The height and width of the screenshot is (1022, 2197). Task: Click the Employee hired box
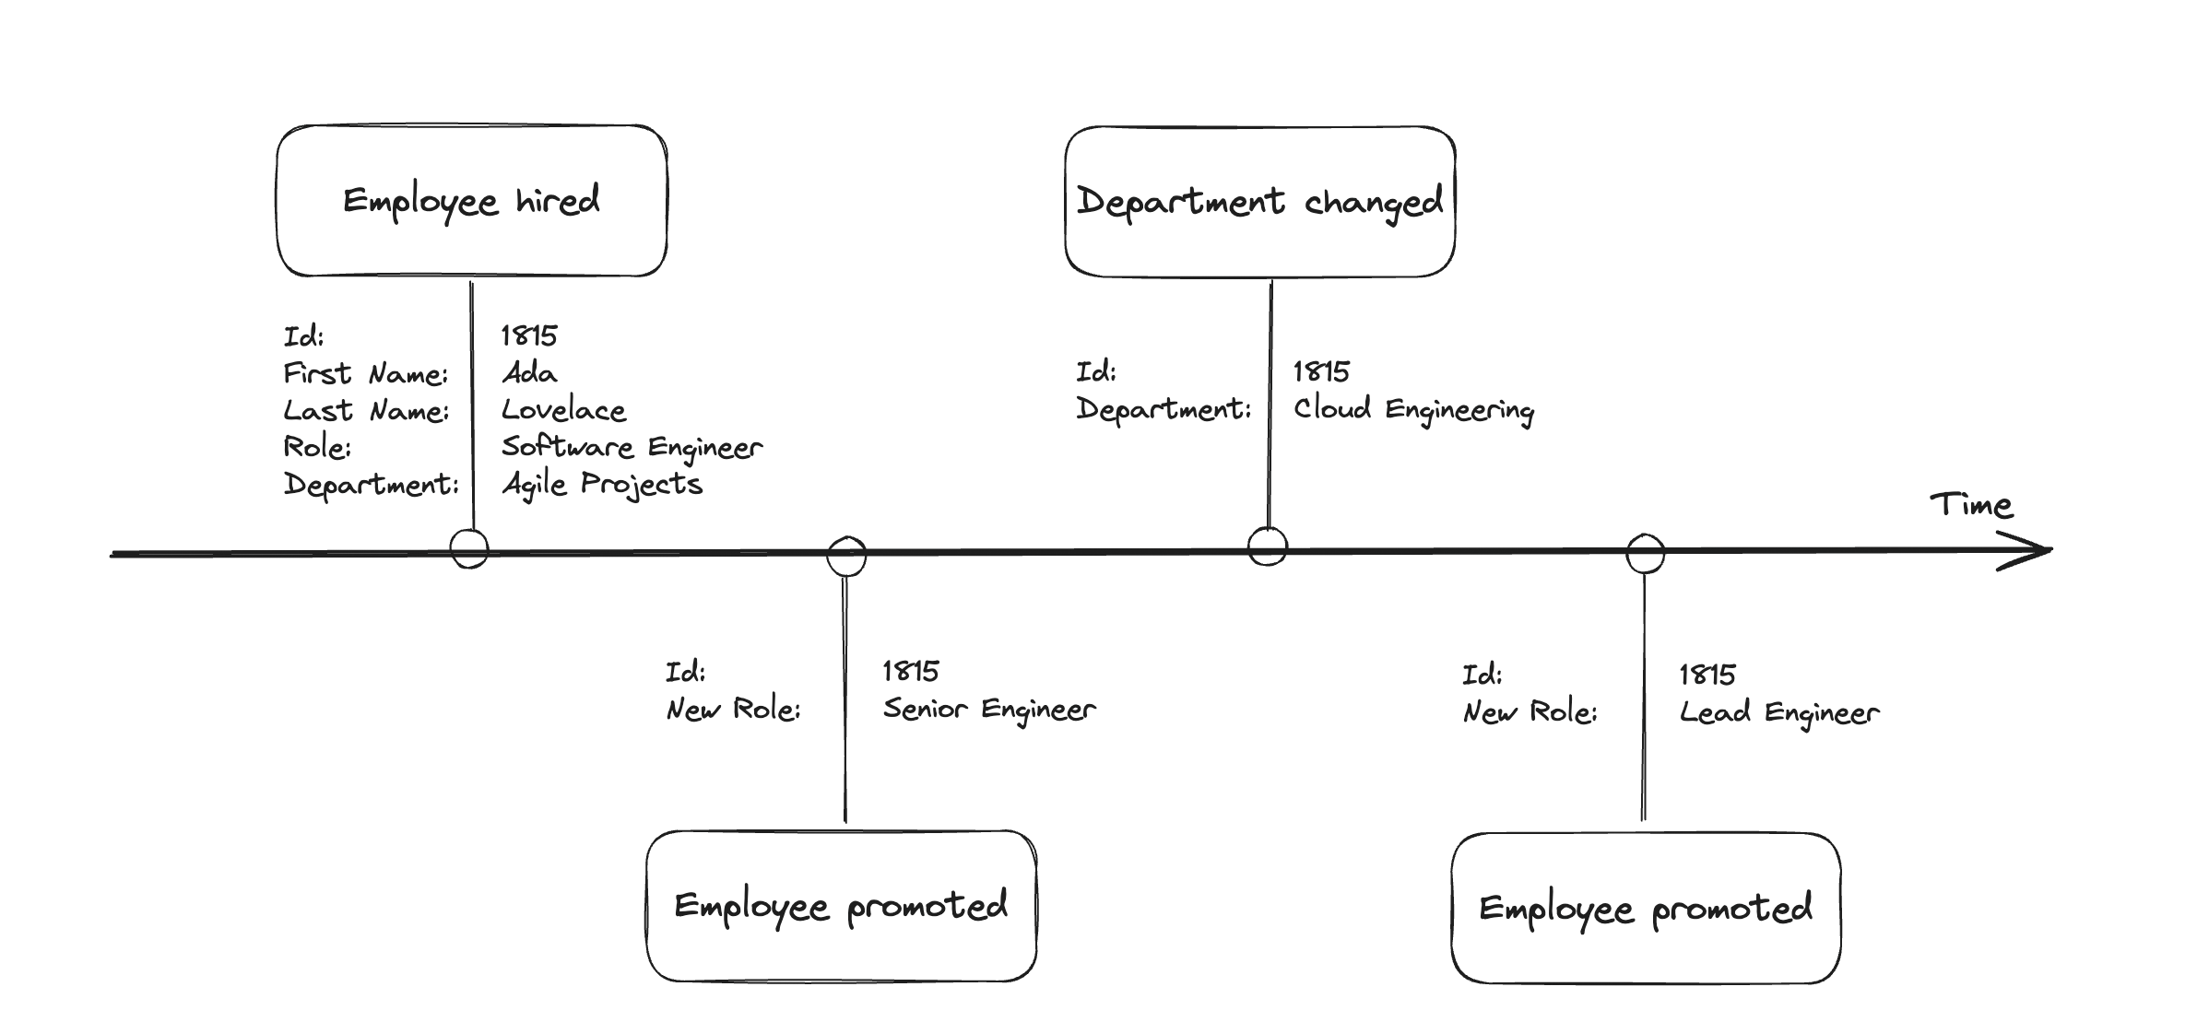(x=471, y=201)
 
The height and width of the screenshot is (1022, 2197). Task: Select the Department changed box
(x=1260, y=201)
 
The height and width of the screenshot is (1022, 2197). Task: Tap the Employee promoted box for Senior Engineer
(x=841, y=906)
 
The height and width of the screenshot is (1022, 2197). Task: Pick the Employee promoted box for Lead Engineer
(x=1646, y=908)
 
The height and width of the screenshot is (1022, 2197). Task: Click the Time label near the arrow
(x=1971, y=505)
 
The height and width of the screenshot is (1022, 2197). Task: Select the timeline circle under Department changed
(x=1268, y=546)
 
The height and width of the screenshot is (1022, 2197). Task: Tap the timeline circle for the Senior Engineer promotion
(x=846, y=557)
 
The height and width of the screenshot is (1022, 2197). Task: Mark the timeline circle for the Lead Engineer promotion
(x=1645, y=554)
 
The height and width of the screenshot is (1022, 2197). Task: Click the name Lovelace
(x=563, y=410)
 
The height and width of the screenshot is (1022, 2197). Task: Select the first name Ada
(x=529, y=373)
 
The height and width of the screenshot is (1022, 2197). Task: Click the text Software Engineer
(x=632, y=448)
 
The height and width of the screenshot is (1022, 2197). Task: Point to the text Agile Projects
(x=602, y=485)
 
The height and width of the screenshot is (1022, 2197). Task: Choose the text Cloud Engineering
(x=1414, y=410)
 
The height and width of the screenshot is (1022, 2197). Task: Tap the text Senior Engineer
(x=989, y=710)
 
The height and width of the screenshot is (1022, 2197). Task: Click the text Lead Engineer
(x=1779, y=713)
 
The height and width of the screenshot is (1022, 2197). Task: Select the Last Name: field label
(x=366, y=410)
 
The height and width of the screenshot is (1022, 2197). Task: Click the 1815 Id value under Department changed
(x=1321, y=371)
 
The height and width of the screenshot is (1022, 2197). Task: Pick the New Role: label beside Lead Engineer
(x=1530, y=712)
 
